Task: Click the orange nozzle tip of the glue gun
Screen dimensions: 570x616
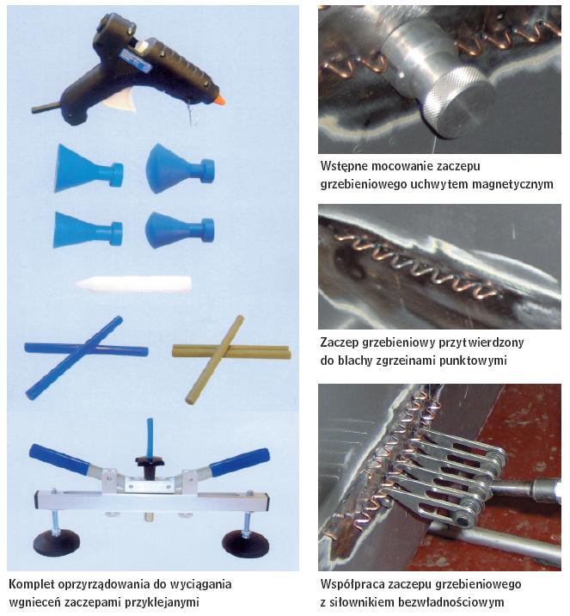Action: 220,100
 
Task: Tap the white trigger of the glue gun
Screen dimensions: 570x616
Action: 120,100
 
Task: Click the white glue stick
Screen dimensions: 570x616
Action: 133,284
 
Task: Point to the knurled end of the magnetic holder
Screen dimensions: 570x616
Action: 458,102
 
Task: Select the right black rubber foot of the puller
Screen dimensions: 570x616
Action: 245,544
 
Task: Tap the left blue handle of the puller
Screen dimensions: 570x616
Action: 59,458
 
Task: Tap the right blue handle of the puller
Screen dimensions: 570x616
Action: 240,462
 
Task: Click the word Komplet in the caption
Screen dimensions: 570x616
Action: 32,584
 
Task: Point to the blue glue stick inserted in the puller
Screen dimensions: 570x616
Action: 150,437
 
